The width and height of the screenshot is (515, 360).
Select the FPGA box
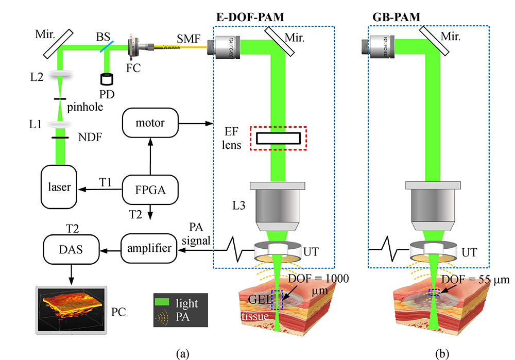(150, 190)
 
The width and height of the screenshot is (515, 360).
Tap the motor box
(150, 124)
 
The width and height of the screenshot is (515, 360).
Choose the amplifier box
(150, 248)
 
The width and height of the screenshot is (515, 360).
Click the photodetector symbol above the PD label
(107, 80)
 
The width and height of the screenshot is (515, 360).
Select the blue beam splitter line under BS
(106, 48)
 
